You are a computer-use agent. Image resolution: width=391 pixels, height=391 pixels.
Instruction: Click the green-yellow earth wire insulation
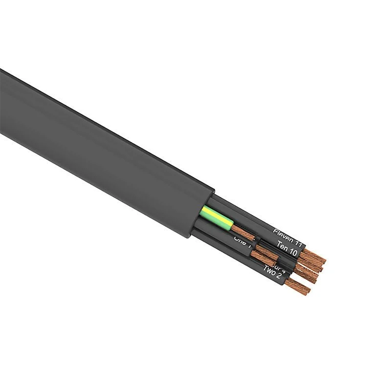(x=215, y=216)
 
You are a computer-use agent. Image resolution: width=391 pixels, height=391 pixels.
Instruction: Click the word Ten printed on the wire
(x=282, y=245)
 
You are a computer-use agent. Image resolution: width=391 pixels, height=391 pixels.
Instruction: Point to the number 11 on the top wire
(x=298, y=240)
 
